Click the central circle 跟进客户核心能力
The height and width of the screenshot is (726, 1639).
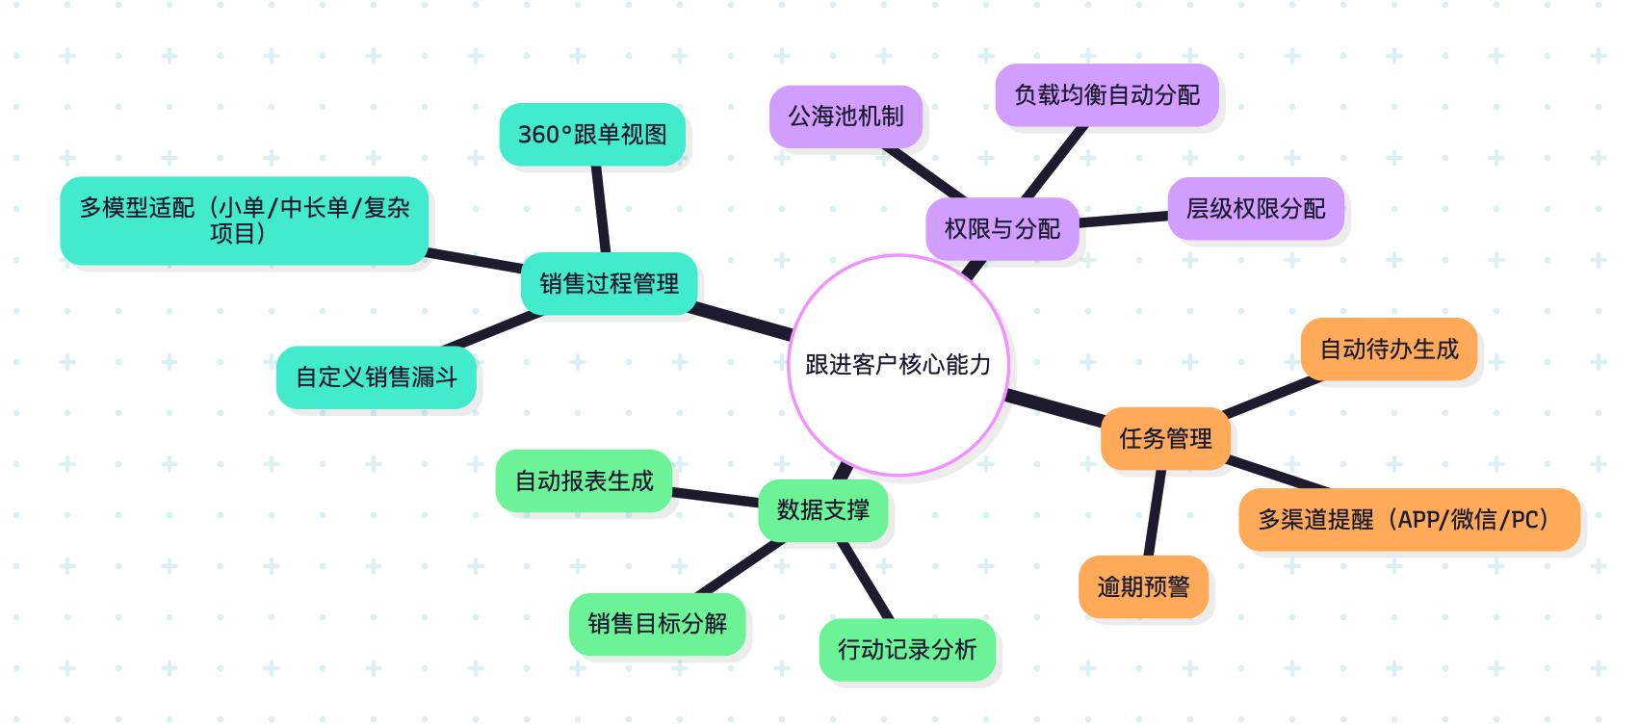coord(898,365)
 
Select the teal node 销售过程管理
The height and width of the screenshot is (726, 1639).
coord(609,284)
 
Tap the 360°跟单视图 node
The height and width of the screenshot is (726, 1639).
coord(592,135)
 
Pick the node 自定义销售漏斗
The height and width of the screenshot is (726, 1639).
coord(376,377)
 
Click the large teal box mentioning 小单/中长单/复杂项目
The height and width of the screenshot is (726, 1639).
coord(244,220)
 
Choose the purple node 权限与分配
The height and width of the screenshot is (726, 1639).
coord(1002,229)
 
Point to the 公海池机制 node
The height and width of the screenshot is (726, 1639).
coord(846,117)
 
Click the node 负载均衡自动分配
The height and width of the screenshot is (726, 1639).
coord(1106,95)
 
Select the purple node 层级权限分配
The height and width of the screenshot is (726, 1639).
coord(1255,209)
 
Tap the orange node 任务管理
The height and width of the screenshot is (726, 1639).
coord(1165,439)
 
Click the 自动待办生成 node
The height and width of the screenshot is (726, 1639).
coord(1389,350)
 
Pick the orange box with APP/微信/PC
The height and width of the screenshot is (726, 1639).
coord(1409,520)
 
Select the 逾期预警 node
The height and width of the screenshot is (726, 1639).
coord(1143,587)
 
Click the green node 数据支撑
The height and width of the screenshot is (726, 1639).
coord(822,510)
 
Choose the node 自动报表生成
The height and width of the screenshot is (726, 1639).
coord(584,481)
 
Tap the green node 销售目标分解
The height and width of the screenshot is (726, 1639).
coord(657,624)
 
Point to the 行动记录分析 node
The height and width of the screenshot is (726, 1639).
coord(907,650)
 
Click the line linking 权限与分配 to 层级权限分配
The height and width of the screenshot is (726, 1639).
coord(1123,220)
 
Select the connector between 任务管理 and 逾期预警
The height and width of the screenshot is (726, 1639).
coord(1154,513)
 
